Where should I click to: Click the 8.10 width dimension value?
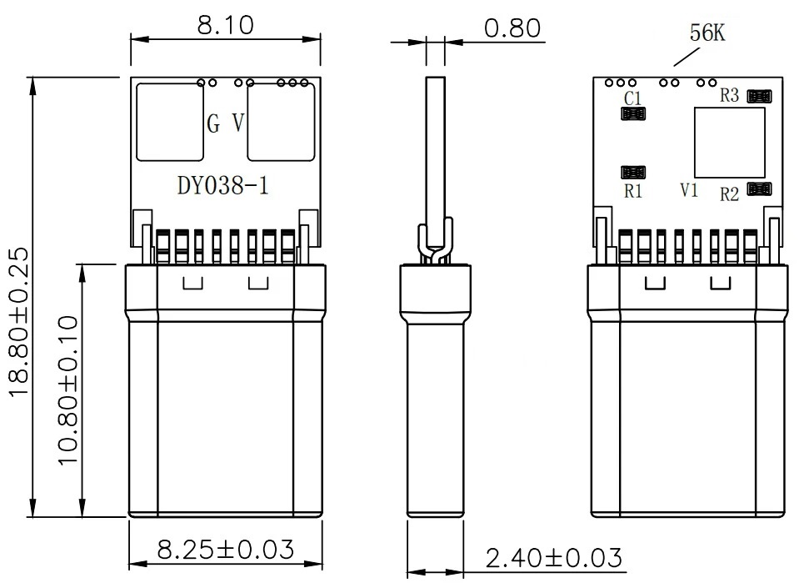click(x=225, y=25)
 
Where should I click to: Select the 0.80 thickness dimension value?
click(x=512, y=28)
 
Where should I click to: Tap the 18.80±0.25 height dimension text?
click(x=19, y=321)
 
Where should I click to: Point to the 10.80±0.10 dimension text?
click(x=67, y=390)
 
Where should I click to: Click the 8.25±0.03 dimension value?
click(x=226, y=550)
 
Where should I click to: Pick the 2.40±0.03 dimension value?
click(x=553, y=557)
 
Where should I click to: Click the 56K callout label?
click(x=707, y=33)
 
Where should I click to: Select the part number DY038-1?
click(x=222, y=185)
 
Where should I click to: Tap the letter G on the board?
click(x=213, y=123)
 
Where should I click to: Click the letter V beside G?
click(x=238, y=123)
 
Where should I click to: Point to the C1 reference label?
click(x=632, y=98)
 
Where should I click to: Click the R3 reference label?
click(x=729, y=95)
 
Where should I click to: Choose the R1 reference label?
click(x=633, y=191)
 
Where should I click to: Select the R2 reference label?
click(x=729, y=194)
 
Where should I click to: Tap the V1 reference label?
click(x=689, y=190)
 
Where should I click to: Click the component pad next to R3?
click(x=759, y=96)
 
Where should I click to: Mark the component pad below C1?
click(x=633, y=113)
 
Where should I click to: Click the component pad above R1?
click(x=633, y=172)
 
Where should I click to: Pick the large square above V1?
click(x=730, y=143)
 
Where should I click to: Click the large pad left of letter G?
click(x=170, y=122)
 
